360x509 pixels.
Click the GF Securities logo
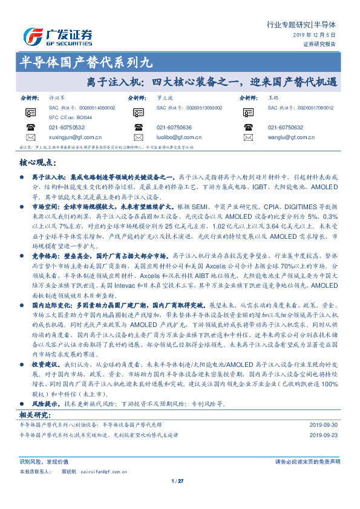pos(57,36)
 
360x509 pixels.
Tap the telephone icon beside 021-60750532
pos(31,128)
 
